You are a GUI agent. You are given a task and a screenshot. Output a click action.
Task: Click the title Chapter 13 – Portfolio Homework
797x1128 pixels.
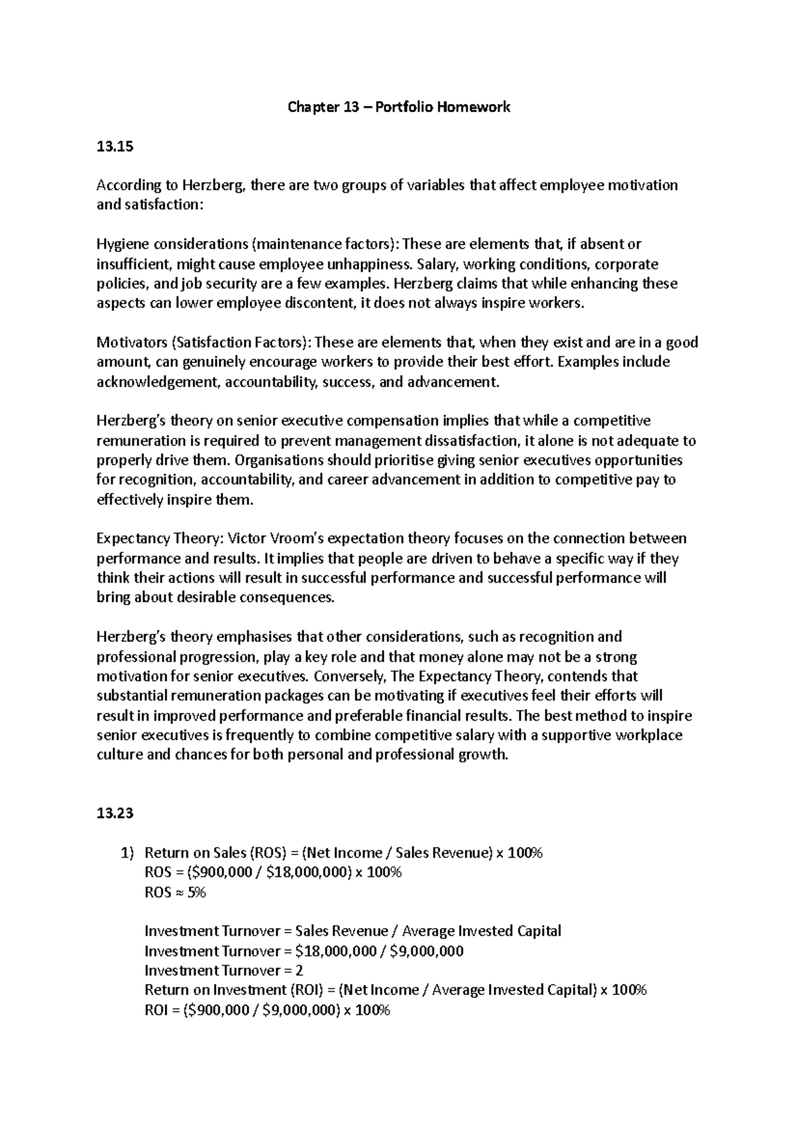click(398, 107)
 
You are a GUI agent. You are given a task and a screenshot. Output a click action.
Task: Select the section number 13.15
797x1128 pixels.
click(114, 147)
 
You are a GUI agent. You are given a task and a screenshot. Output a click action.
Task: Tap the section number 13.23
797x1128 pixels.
click(114, 813)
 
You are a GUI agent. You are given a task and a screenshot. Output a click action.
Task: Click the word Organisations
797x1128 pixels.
click(278, 460)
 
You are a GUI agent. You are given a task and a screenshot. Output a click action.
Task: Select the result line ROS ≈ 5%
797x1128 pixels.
click(175, 892)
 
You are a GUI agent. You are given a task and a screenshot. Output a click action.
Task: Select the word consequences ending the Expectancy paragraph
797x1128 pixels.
click(293, 597)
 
